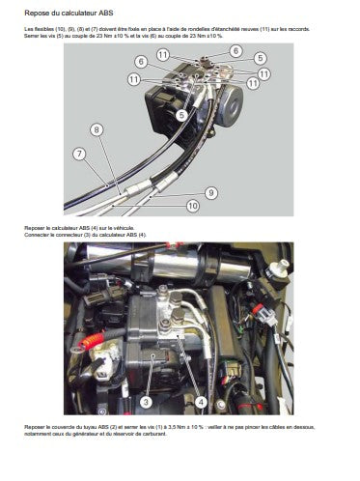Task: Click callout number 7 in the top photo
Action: point(77,154)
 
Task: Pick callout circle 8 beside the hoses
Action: point(96,128)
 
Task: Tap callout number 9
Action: point(210,192)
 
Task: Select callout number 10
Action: point(193,206)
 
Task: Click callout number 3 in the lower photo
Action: point(146,399)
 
